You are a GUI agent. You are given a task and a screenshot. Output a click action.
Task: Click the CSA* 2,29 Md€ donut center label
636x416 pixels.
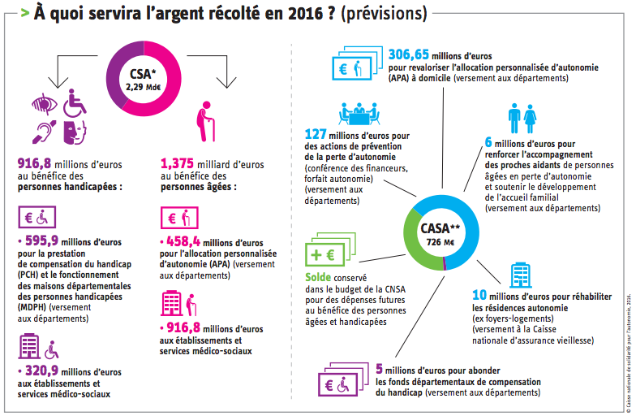[x=143, y=80]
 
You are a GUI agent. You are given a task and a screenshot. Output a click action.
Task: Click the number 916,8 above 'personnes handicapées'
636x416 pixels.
[x=35, y=163]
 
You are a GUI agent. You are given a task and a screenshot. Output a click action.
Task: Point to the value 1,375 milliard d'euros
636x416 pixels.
[x=182, y=163]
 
